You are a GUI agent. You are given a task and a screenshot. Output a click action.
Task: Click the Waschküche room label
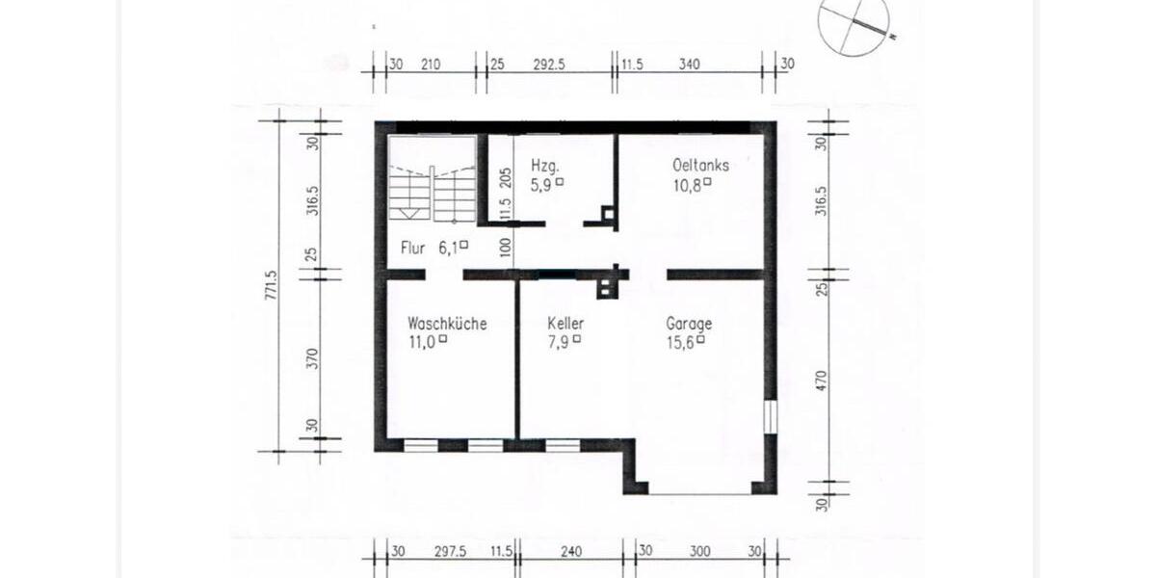(x=447, y=324)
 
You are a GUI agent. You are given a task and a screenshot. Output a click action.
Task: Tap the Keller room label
(x=565, y=324)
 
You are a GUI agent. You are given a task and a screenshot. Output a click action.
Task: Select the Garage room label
(x=689, y=324)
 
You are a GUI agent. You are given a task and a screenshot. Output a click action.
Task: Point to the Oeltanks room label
(x=700, y=165)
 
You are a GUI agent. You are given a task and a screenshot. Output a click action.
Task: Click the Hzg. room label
(x=544, y=165)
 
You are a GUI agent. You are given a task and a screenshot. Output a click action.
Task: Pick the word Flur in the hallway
(x=413, y=248)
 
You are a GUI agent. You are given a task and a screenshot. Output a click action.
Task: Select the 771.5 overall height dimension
(x=271, y=286)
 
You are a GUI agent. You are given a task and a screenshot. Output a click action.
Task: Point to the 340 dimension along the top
(x=689, y=65)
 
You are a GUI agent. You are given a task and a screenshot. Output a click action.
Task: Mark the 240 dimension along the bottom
(x=572, y=552)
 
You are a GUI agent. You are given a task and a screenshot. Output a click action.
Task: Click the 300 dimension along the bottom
(x=699, y=552)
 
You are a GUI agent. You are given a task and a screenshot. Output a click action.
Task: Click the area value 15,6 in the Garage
(x=679, y=341)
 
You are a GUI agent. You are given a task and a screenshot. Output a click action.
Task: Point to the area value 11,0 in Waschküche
(x=421, y=341)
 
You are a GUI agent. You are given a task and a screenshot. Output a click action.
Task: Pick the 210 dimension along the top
(x=430, y=65)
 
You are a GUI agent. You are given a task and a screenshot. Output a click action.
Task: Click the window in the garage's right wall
(x=770, y=416)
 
